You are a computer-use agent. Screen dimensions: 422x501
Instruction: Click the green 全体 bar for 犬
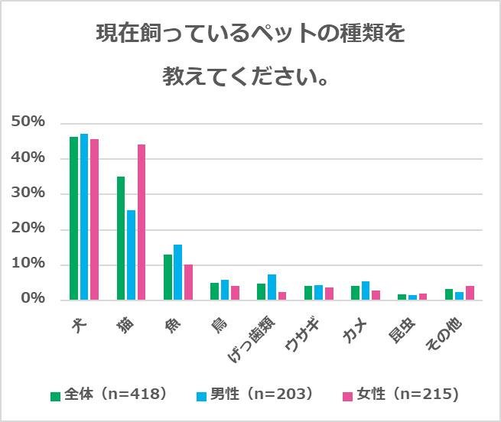point(74,218)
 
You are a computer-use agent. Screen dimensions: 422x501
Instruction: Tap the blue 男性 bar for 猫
point(131,255)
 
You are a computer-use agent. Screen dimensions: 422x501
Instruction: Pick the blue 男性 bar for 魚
point(177,272)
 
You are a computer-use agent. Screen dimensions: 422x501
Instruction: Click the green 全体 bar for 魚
point(168,277)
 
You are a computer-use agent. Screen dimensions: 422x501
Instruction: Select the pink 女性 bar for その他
point(470,293)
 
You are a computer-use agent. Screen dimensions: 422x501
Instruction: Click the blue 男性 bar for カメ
point(366,291)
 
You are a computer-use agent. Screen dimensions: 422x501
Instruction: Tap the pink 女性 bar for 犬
point(94,219)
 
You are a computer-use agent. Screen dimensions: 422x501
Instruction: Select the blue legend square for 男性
point(200,395)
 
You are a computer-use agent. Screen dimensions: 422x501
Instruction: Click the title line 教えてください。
point(250,77)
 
